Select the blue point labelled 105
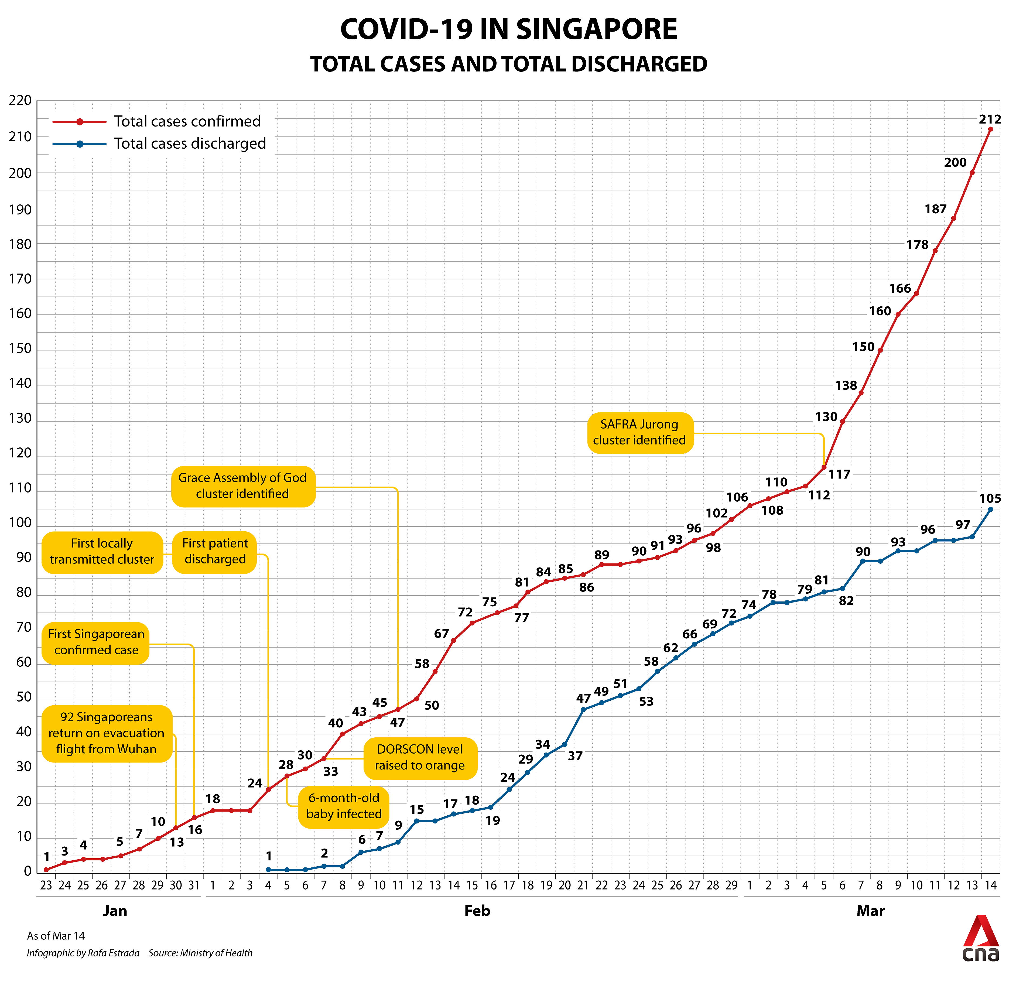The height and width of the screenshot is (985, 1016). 991,509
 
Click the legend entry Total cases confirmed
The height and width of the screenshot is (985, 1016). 187,121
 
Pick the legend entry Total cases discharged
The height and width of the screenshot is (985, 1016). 190,143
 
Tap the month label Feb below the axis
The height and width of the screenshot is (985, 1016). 477,911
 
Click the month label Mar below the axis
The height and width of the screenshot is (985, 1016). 870,911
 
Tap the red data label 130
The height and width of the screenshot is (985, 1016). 826,417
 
